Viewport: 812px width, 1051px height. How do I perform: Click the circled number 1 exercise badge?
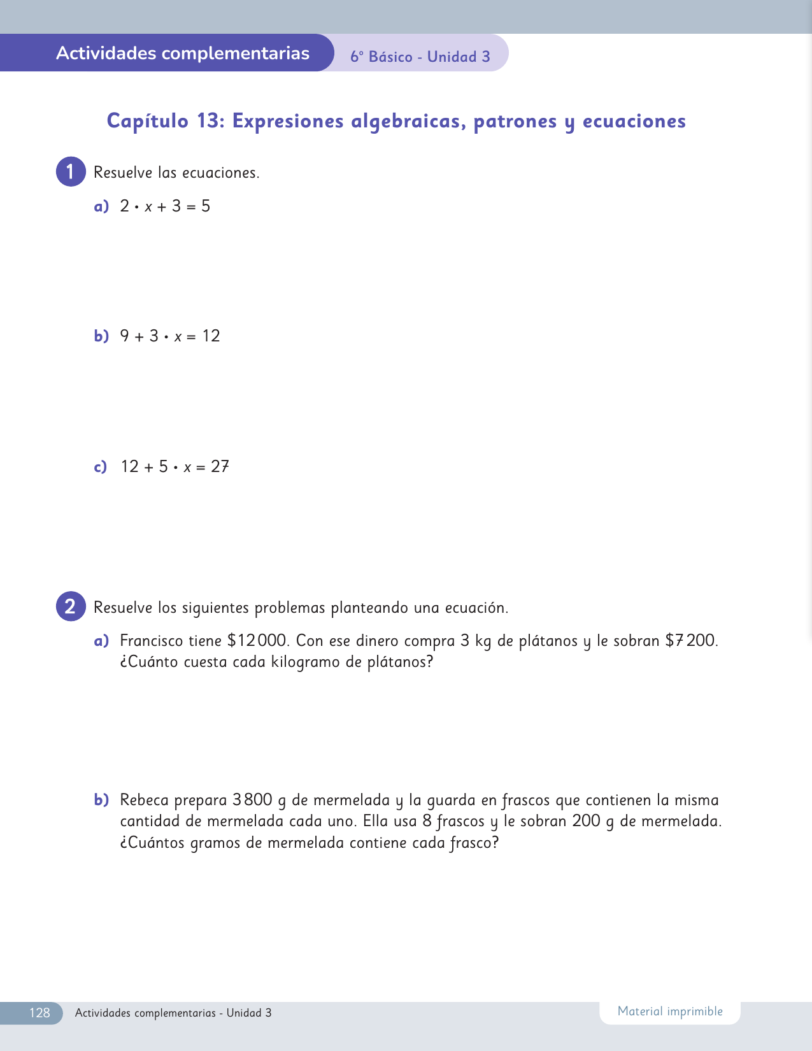(71, 172)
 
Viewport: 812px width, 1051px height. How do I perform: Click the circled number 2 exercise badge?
(71, 606)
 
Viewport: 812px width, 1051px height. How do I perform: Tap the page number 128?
(39, 1013)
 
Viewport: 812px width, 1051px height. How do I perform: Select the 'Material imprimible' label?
(670, 1012)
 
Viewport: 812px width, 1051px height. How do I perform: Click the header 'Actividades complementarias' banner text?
(183, 53)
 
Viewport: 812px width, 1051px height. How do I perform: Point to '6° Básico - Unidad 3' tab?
(420, 57)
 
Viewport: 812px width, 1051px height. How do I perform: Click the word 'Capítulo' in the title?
(148, 121)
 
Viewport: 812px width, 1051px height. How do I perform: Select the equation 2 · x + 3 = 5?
(165, 206)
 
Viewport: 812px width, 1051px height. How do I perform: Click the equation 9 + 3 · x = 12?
(170, 336)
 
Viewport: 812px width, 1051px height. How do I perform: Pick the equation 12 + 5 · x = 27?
(175, 467)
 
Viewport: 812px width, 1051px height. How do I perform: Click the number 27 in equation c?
(220, 467)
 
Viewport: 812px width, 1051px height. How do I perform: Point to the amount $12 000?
(258, 641)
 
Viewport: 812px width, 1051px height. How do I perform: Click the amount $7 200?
(690, 641)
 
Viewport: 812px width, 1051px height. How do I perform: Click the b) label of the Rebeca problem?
(101, 800)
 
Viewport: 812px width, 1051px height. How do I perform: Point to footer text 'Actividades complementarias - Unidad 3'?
(173, 1013)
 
